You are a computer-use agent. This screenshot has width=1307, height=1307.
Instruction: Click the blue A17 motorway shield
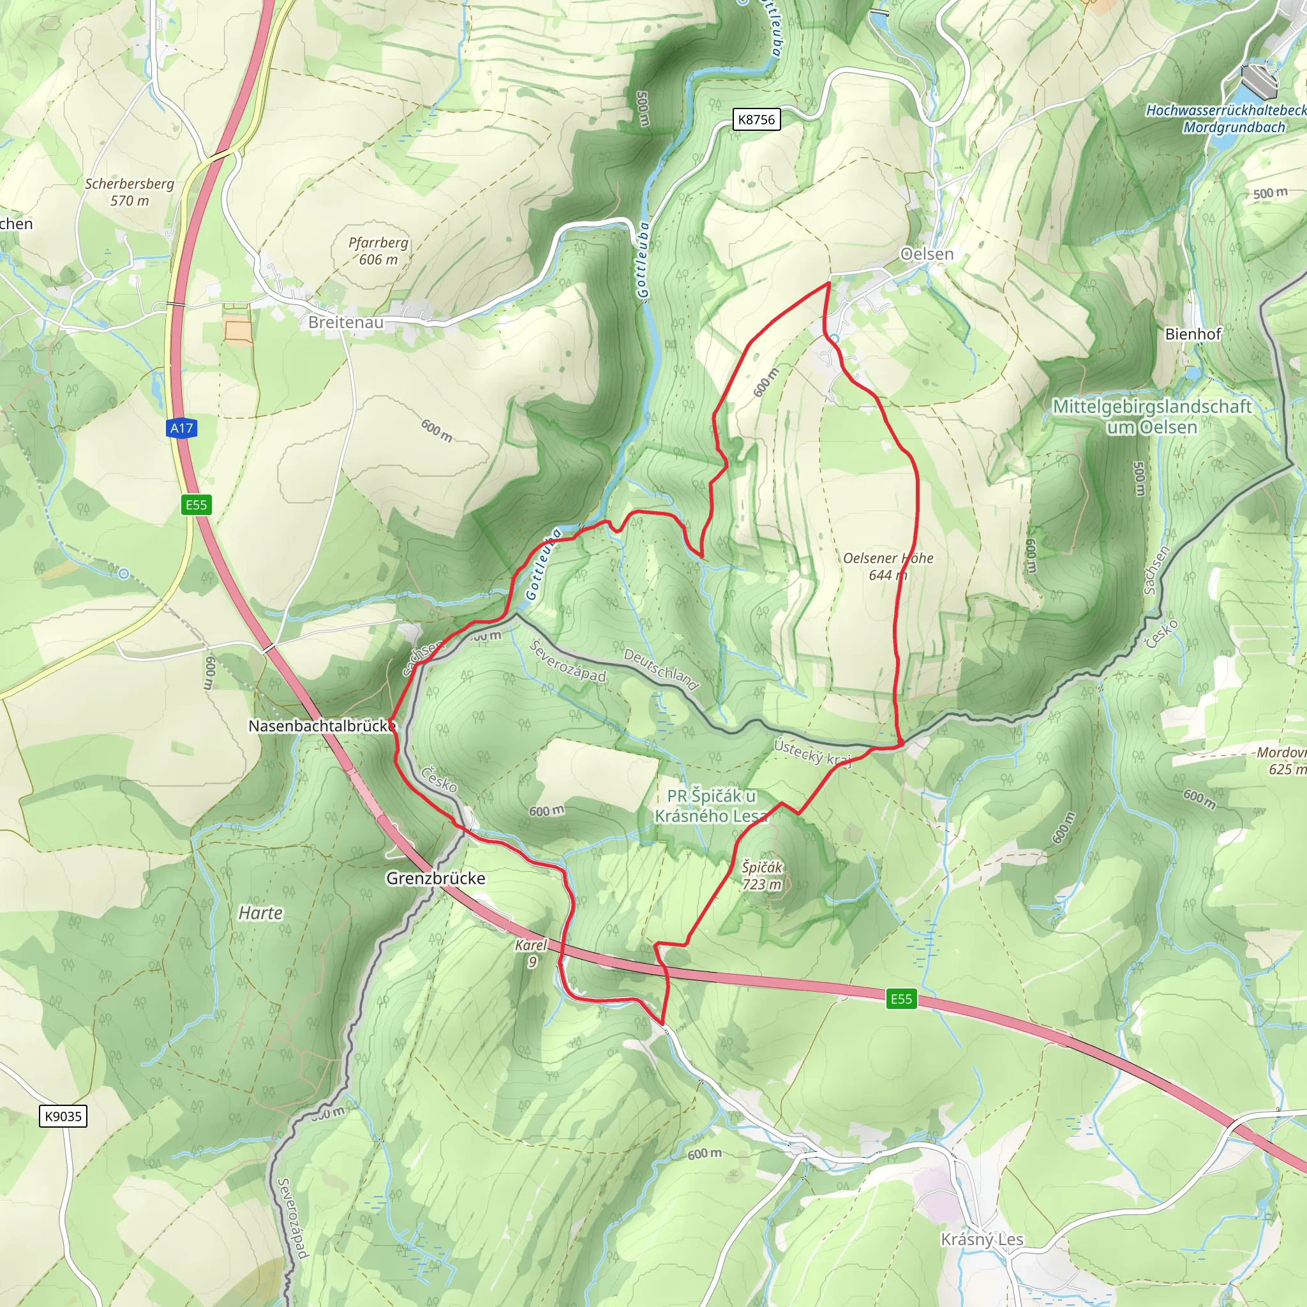181,428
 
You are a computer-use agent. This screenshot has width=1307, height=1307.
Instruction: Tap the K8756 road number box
756,120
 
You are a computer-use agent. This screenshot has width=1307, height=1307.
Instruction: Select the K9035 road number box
63,1116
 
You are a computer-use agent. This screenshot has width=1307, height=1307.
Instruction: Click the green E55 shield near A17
196,505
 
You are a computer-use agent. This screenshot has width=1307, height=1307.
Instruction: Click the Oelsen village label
926,255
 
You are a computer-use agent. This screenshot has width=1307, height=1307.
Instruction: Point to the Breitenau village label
346,323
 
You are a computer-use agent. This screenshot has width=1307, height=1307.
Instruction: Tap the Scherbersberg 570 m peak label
129,192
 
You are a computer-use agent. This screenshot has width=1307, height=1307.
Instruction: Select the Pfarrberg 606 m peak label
378,251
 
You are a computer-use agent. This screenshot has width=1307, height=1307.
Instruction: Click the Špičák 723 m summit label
762,876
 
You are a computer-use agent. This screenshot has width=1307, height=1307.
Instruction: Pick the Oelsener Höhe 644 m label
888,566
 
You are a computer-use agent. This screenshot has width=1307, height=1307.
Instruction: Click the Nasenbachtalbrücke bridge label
322,726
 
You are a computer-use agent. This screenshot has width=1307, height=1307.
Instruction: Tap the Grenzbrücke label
436,878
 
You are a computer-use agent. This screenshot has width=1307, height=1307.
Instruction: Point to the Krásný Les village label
982,1239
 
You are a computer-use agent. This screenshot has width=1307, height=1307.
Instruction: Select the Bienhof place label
1193,334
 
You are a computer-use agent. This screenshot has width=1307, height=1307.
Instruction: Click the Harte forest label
260,913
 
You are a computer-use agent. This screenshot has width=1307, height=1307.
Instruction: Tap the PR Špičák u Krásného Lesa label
711,806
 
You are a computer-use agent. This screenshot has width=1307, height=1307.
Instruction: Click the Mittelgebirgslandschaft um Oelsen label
1151,417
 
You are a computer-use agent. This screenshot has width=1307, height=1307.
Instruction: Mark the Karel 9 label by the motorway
531,953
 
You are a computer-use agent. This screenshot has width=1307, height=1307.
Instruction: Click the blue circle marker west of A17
124,574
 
